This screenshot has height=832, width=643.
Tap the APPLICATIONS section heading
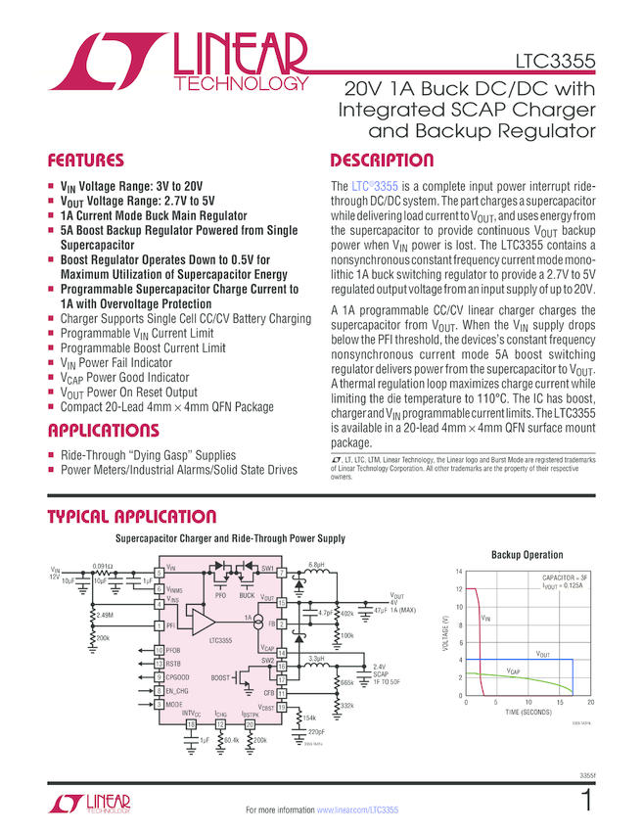[x=103, y=431]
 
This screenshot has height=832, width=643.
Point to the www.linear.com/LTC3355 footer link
[x=357, y=810]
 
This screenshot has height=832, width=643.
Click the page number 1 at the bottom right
[x=585, y=803]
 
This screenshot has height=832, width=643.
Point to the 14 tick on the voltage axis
[x=457, y=571]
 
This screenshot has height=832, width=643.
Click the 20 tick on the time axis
[x=590, y=703]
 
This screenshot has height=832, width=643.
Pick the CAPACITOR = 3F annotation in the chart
[x=564, y=579]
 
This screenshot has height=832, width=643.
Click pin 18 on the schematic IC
[x=192, y=723]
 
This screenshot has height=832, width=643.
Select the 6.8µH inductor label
[x=316, y=565]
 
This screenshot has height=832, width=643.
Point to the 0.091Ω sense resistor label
[x=103, y=566]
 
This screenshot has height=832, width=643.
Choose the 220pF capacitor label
[x=315, y=731]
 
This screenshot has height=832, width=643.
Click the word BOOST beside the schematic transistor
[x=221, y=677]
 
